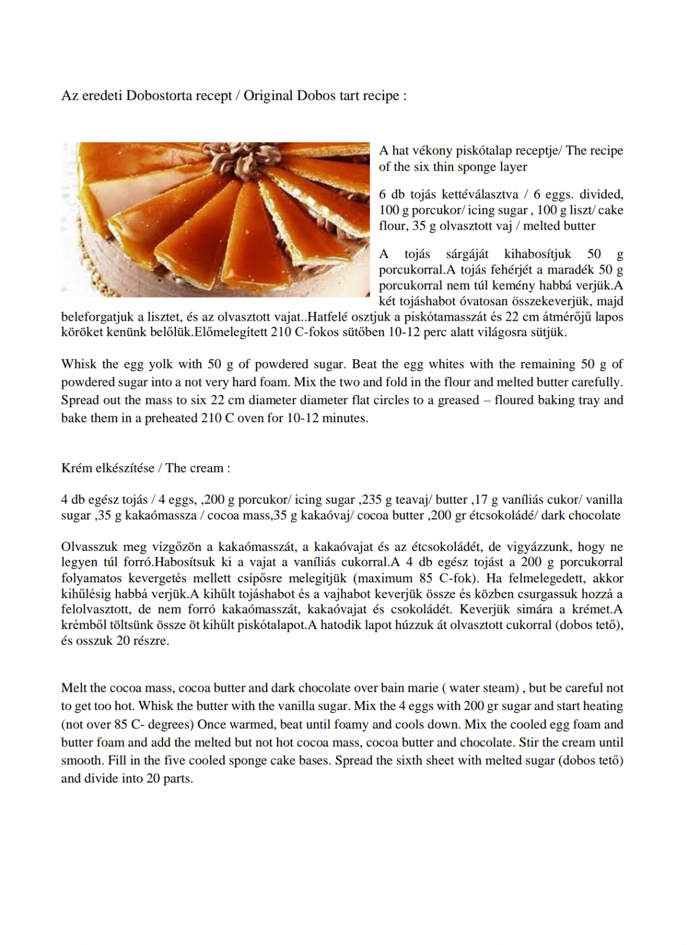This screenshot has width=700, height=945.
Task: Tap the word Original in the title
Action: point(268,96)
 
